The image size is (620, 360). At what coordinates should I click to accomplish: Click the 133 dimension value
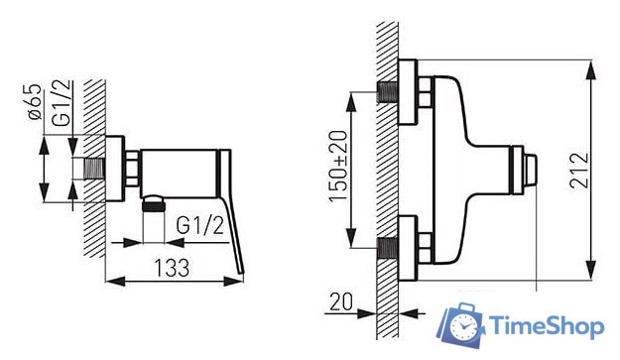click(x=172, y=268)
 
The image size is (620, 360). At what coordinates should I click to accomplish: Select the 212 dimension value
click(x=579, y=170)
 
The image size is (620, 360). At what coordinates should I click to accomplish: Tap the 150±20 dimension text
click(x=338, y=166)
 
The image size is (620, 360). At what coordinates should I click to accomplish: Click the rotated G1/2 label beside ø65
click(x=62, y=103)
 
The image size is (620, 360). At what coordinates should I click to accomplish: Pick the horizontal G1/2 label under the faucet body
click(x=200, y=226)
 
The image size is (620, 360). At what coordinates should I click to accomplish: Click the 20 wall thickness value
click(x=341, y=301)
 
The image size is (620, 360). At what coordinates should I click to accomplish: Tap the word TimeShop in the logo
click(x=547, y=327)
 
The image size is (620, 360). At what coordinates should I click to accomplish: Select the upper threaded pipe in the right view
click(x=388, y=92)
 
